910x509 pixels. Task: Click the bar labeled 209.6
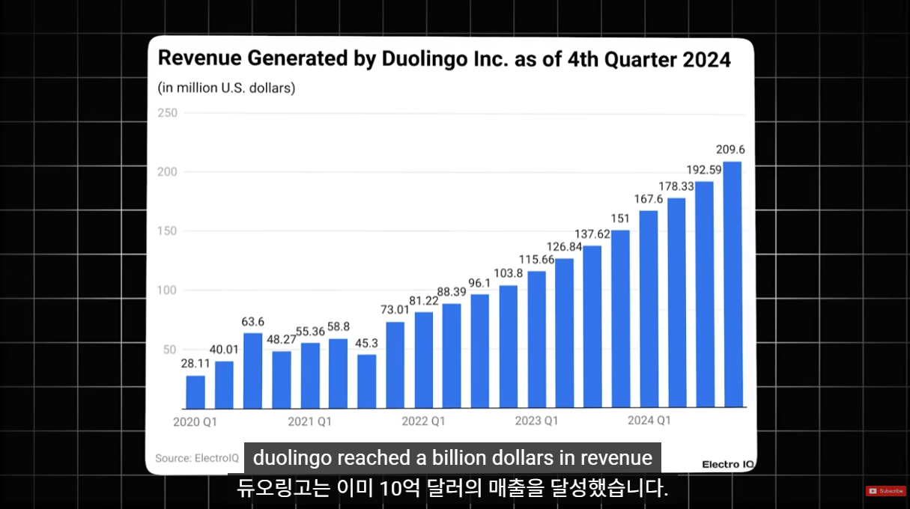[732, 284]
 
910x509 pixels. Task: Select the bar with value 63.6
[253, 371]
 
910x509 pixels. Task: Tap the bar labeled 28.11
[195, 391]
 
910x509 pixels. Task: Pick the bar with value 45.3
[367, 381]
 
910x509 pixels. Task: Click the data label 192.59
[704, 170]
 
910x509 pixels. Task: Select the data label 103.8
[509, 273]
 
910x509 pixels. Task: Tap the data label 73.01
[395, 310]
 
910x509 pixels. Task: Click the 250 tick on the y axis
[168, 113]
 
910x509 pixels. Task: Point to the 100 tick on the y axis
[168, 290]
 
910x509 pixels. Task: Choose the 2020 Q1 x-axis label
[195, 422]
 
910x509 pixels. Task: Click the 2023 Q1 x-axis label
[536, 421]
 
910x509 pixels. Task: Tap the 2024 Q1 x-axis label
[649, 420]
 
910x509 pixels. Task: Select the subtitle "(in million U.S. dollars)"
[226, 88]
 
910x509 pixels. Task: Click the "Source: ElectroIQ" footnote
[196, 457]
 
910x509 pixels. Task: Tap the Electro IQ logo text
[727, 464]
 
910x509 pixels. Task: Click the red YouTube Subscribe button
[885, 491]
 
